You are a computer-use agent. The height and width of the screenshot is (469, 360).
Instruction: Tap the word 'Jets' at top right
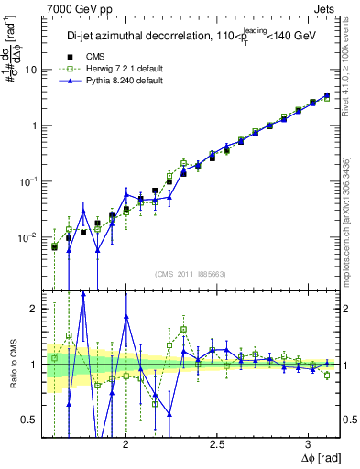click(323, 8)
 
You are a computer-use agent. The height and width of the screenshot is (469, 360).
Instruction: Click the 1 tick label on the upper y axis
click(34, 125)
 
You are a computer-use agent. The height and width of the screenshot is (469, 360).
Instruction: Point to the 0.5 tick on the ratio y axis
click(31, 420)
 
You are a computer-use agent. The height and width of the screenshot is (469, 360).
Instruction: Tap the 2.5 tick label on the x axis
click(218, 442)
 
